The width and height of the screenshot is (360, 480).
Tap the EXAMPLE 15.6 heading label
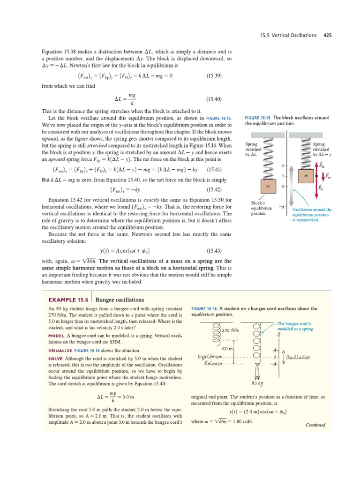tap(68, 300)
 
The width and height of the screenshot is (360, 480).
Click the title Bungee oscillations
tap(120, 300)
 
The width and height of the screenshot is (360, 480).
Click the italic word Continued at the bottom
tap(315, 425)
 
